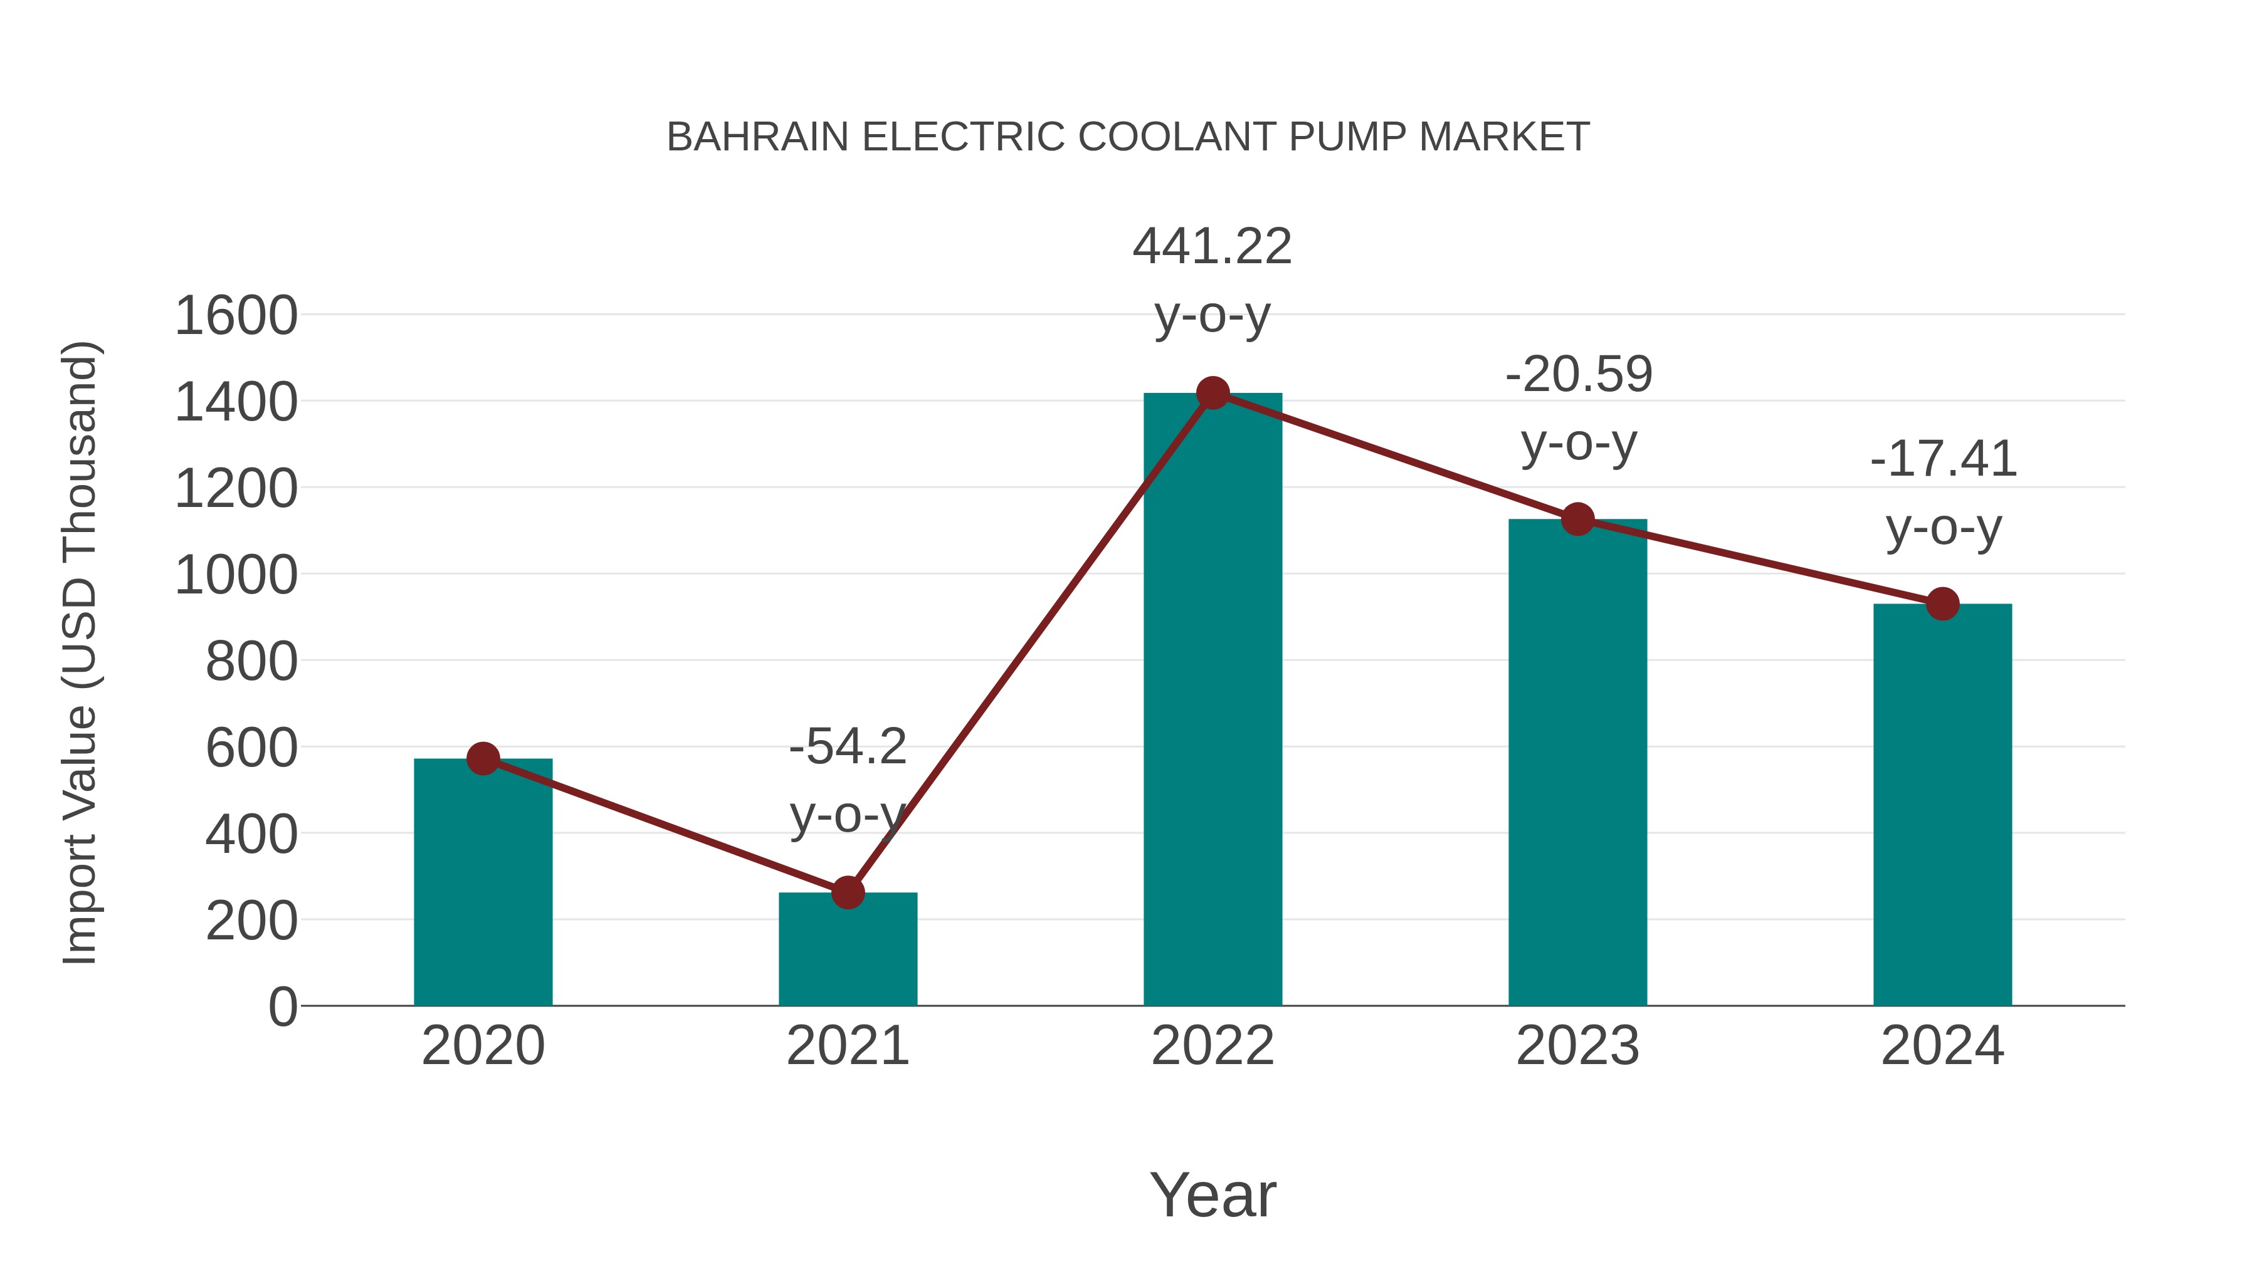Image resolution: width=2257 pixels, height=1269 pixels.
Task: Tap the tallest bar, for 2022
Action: [x=1213, y=701]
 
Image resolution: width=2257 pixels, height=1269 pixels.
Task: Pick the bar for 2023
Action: [x=1577, y=762]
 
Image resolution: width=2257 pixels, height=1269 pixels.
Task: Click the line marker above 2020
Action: [x=483, y=758]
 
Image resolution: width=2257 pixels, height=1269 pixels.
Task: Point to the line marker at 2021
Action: [x=847, y=892]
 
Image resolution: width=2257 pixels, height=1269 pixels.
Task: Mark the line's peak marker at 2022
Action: [x=1213, y=393]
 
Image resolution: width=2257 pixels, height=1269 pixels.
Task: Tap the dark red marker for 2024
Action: [x=1942, y=603]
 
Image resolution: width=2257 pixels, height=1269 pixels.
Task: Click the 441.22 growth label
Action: [x=1212, y=246]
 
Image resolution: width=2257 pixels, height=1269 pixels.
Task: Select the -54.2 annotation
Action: [x=847, y=747]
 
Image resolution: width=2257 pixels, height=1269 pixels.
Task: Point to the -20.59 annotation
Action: [x=1578, y=375]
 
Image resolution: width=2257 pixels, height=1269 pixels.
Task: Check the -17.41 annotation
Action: [x=1942, y=459]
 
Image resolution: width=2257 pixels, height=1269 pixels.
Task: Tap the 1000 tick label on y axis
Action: [x=236, y=575]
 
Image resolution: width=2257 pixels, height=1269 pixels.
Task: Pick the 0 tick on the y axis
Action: [x=282, y=1006]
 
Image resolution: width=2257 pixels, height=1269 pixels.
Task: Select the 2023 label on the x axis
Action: [x=1577, y=1046]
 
